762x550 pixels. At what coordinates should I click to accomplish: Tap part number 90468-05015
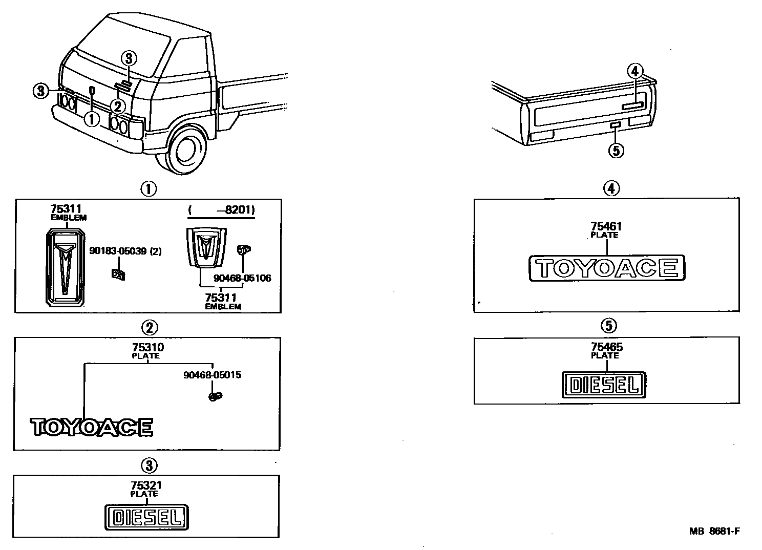tap(212, 375)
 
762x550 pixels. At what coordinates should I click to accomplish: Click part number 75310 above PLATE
tap(147, 348)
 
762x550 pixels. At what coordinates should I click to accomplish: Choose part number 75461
tap(606, 227)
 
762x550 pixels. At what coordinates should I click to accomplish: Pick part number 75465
tap(606, 347)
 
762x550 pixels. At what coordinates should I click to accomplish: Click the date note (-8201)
tap(221, 210)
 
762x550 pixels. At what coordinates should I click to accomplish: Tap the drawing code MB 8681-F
tap(714, 531)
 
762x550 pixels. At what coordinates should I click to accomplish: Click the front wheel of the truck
tap(184, 149)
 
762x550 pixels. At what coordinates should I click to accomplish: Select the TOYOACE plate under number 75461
tap(606, 268)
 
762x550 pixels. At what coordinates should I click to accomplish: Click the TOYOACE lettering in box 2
tap(92, 427)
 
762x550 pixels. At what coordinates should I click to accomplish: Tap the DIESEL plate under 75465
tap(604, 385)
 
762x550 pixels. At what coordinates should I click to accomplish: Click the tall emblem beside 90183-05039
tap(65, 269)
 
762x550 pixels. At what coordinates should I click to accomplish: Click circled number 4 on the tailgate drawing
tap(635, 72)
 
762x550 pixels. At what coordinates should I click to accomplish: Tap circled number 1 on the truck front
tap(92, 119)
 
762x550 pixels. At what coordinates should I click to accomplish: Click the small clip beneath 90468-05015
tap(215, 396)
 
